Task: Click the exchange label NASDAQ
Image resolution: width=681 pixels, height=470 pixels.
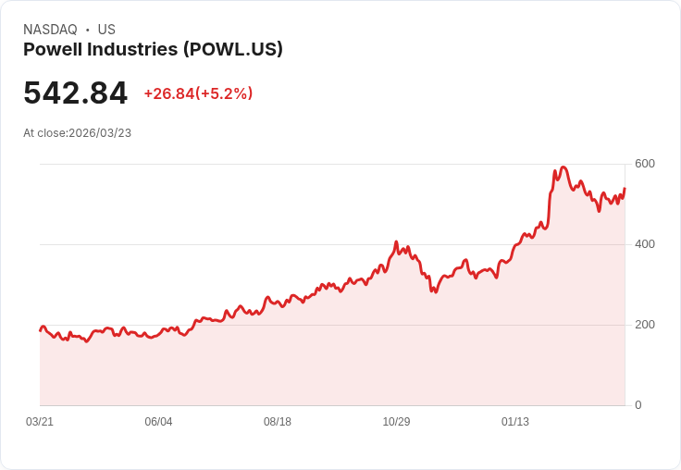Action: [50, 30]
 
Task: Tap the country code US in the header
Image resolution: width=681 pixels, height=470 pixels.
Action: [106, 30]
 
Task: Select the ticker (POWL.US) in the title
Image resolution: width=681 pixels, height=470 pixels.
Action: [233, 49]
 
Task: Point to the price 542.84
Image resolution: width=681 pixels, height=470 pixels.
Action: [75, 93]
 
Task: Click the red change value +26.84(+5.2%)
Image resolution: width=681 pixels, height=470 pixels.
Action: [198, 93]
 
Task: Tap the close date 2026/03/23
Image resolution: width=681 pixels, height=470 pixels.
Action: [100, 133]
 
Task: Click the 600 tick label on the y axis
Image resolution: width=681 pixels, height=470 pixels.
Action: [644, 164]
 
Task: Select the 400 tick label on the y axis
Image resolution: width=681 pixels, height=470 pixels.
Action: [644, 244]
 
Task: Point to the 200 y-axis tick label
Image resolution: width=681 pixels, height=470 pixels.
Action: [644, 325]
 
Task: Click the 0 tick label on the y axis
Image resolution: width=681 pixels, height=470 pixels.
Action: [638, 405]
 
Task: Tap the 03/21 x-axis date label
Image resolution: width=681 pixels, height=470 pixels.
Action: [40, 422]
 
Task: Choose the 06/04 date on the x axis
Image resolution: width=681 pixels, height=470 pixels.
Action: [158, 422]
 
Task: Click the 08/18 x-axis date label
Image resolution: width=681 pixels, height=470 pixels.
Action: [278, 422]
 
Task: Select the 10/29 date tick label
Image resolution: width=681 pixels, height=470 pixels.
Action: [396, 422]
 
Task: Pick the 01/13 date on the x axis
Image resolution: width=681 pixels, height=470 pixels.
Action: [515, 422]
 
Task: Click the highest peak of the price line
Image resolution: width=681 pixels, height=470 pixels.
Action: [563, 167]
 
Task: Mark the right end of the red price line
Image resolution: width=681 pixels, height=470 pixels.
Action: [625, 189]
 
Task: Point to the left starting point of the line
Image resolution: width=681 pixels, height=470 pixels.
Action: [40, 330]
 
